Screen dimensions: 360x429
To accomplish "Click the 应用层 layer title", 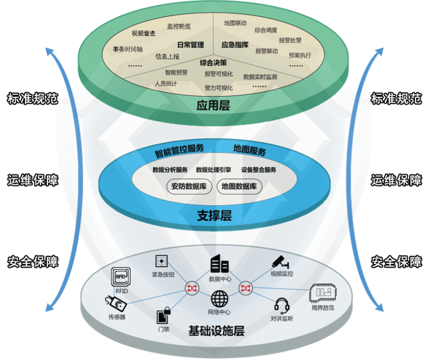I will click(x=214, y=106).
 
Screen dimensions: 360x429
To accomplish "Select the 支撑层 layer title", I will click(x=214, y=216).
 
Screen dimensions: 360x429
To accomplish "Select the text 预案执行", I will click(x=300, y=56).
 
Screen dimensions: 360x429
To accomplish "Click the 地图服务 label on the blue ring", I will click(x=250, y=151).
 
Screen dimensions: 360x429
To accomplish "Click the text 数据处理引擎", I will click(x=214, y=170).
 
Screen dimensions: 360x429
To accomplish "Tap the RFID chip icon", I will click(x=122, y=277).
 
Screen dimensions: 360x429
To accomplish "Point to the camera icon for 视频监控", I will click(x=280, y=261).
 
